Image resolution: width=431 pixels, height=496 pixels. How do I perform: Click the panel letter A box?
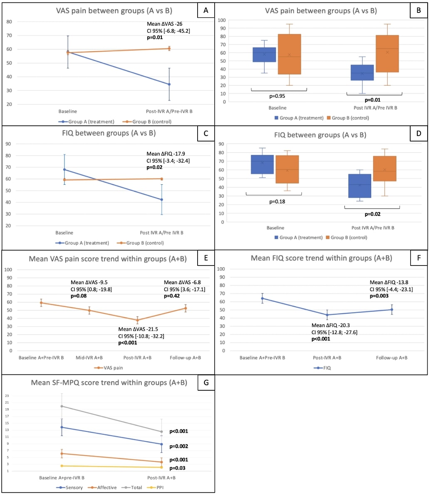pos(206,11)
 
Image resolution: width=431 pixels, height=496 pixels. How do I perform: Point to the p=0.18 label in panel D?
pos(273,201)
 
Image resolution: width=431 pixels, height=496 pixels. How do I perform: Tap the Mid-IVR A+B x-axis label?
pos(89,358)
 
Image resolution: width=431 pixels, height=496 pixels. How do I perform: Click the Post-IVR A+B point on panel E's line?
pos(138,320)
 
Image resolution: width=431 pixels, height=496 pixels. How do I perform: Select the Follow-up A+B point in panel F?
pos(392,309)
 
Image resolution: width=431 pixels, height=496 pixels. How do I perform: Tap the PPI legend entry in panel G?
pos(155,487)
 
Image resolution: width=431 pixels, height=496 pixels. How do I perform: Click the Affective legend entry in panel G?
pos(105,487)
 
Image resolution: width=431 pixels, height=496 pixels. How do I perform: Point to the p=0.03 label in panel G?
pos(178,468)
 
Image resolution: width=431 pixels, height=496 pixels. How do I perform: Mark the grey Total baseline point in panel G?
pos(62,406)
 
